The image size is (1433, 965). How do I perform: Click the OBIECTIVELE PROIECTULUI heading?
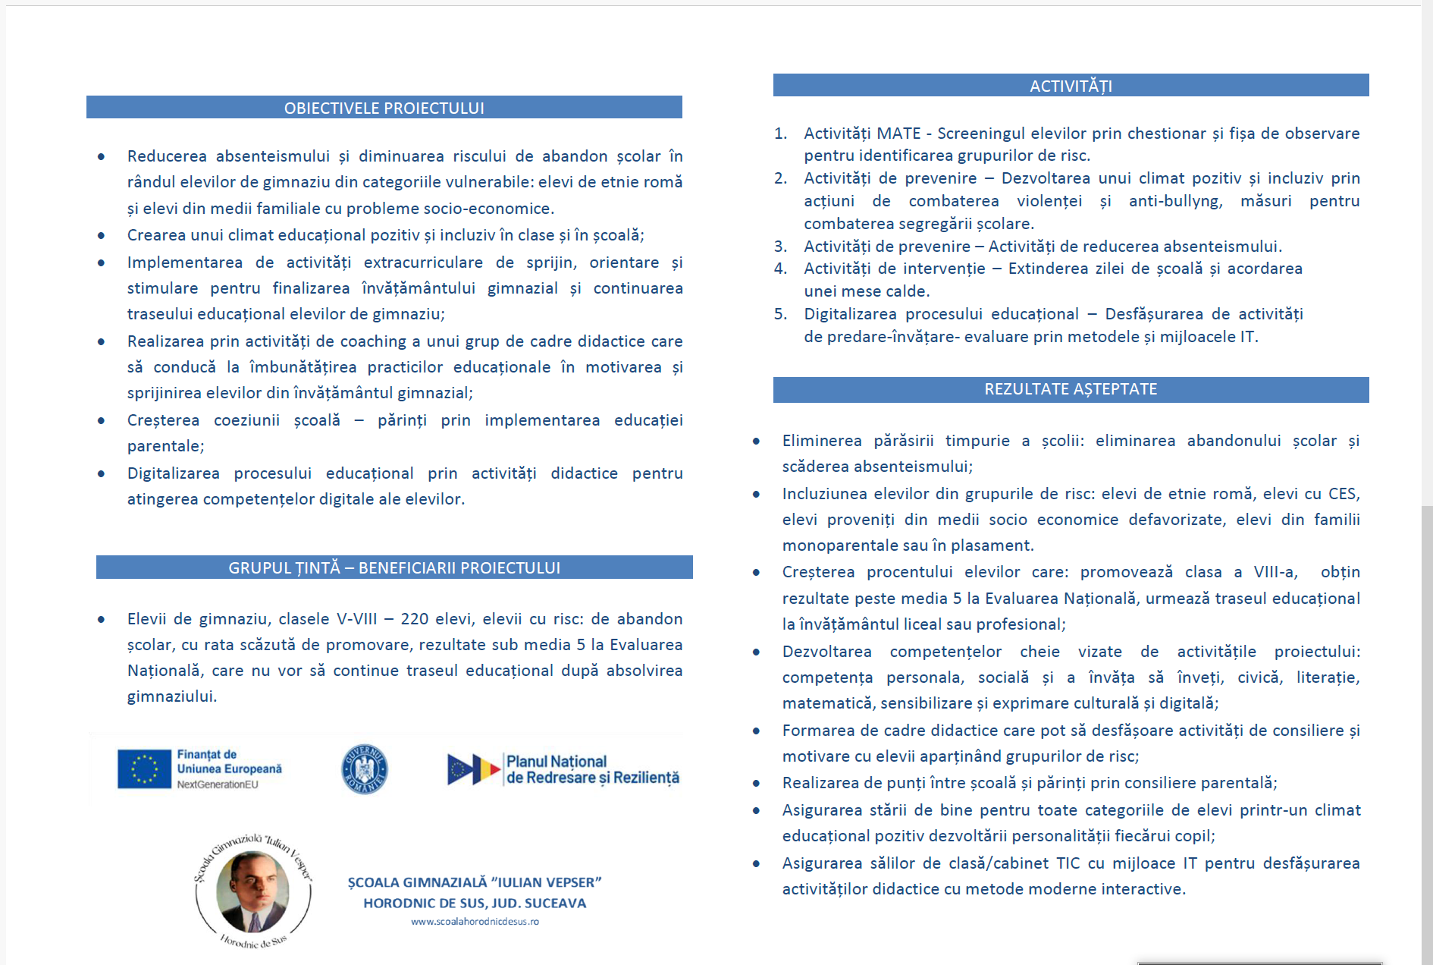(384, 108)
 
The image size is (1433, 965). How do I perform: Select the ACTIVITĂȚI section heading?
(1071, 86)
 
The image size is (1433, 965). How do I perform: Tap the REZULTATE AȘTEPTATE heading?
(1071, 389)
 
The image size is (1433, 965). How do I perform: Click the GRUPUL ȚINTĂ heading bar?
(394, 567)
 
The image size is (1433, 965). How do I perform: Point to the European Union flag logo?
(144, 769)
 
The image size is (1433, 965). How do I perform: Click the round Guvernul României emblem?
(365, 769)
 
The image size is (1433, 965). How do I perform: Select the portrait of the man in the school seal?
(252, 891)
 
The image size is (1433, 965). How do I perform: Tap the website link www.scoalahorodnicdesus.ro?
(475, 922)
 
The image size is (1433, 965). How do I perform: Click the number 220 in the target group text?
(415, 619)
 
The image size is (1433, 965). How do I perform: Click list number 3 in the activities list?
(780, 247)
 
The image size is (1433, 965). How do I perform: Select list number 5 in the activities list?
(780, 314)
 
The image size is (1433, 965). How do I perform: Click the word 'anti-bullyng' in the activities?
(1175, 201)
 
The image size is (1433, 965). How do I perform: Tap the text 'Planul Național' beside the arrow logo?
(557, 761)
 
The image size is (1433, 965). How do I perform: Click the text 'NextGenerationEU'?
(218, 784)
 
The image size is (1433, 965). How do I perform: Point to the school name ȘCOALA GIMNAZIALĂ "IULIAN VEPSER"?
(475, 882)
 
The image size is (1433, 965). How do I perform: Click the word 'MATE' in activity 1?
(898, 134)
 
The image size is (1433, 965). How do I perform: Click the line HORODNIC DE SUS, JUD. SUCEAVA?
(475, 903)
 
